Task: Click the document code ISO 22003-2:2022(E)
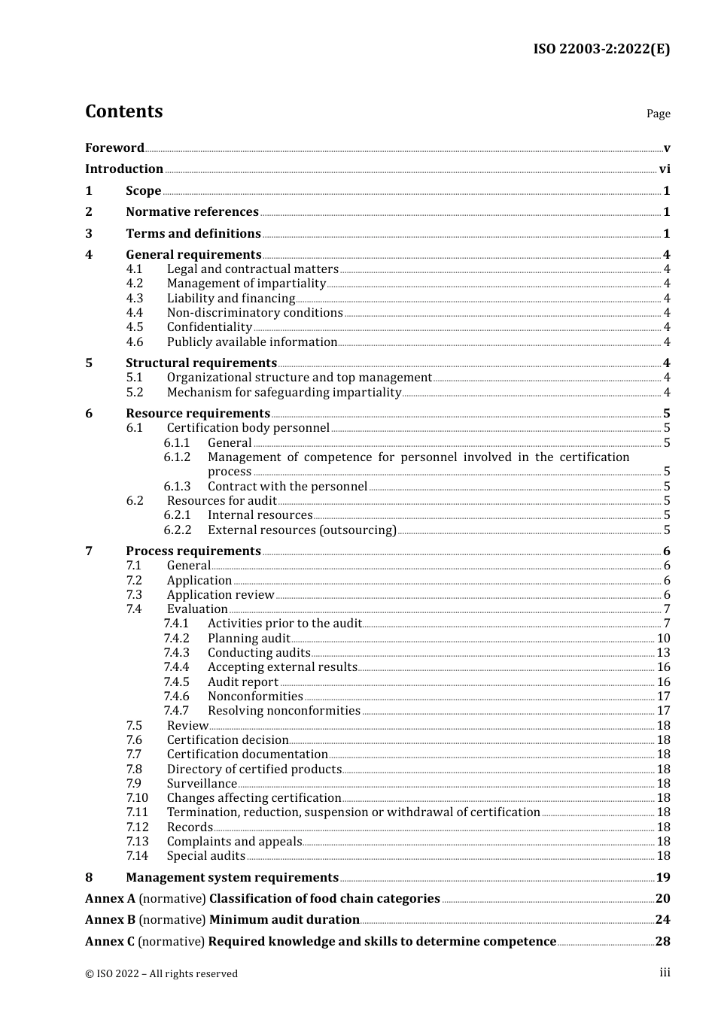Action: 601,49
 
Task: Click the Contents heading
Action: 124,111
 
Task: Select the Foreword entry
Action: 114,147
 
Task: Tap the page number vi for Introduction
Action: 664,169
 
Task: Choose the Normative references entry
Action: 192,212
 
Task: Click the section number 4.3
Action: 134,299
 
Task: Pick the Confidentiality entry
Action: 209,327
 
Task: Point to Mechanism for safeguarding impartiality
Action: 284,392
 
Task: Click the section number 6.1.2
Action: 177,457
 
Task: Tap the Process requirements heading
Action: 193,551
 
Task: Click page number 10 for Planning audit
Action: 663,639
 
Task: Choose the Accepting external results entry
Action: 282,667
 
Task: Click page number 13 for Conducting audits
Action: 663,653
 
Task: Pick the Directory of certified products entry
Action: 254,769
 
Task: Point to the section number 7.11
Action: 137,812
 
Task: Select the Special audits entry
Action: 206,856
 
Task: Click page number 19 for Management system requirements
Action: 662,877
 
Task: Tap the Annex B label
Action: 110,920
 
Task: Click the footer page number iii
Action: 665,973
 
